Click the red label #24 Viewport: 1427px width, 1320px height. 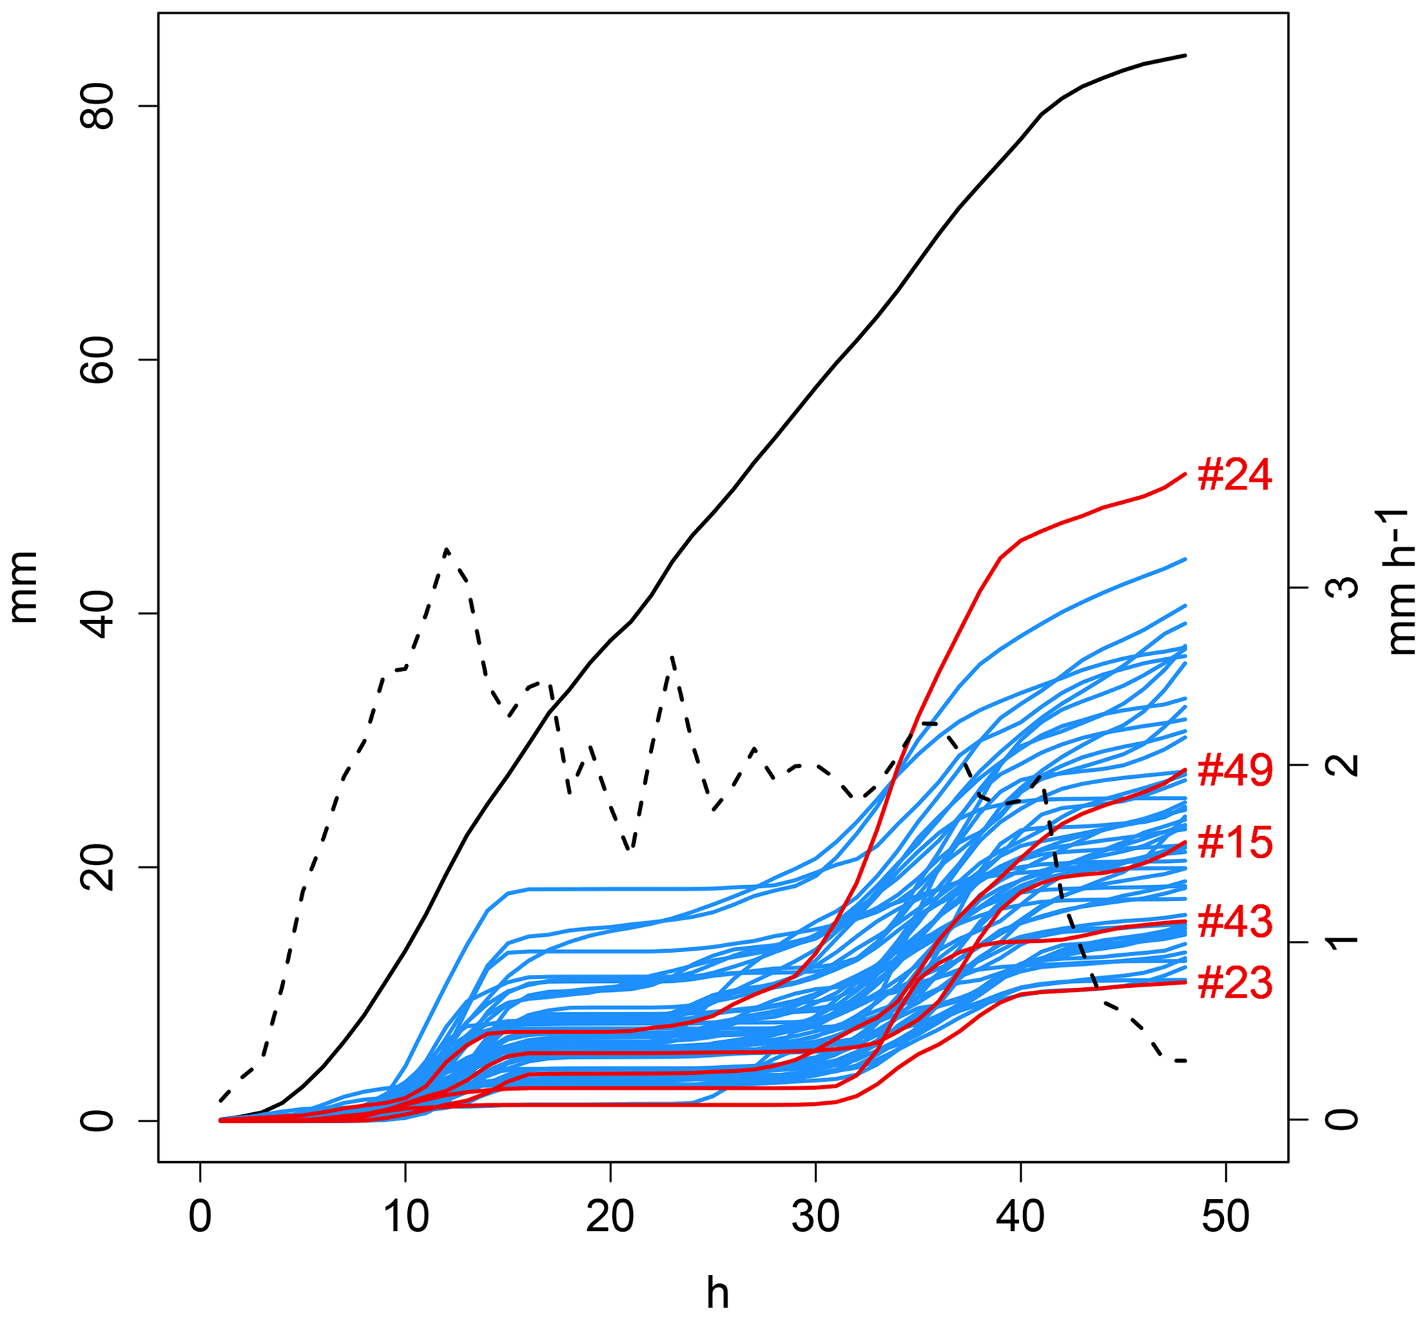click(1234, 476)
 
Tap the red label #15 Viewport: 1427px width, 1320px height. click(1235, 843)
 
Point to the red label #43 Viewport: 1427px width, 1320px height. click(1235, 922)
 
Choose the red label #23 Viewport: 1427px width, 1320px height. click(1235, 984)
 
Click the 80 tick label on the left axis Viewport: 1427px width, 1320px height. click(95, 106)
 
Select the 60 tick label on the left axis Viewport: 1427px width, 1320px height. click(95, 360)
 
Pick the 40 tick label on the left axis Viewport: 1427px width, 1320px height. click(95, 614)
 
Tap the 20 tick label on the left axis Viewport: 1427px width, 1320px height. click(95, 867)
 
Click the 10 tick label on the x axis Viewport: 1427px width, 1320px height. click(406, 1217)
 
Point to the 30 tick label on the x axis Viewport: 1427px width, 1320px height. click(815, 1217)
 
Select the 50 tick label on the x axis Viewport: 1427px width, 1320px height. click(1225, 1217)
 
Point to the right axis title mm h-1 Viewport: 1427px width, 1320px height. click(1401, 581)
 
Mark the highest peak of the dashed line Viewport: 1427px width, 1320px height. click(447, 550)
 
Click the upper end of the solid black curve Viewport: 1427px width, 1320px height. click(1185, 55)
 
